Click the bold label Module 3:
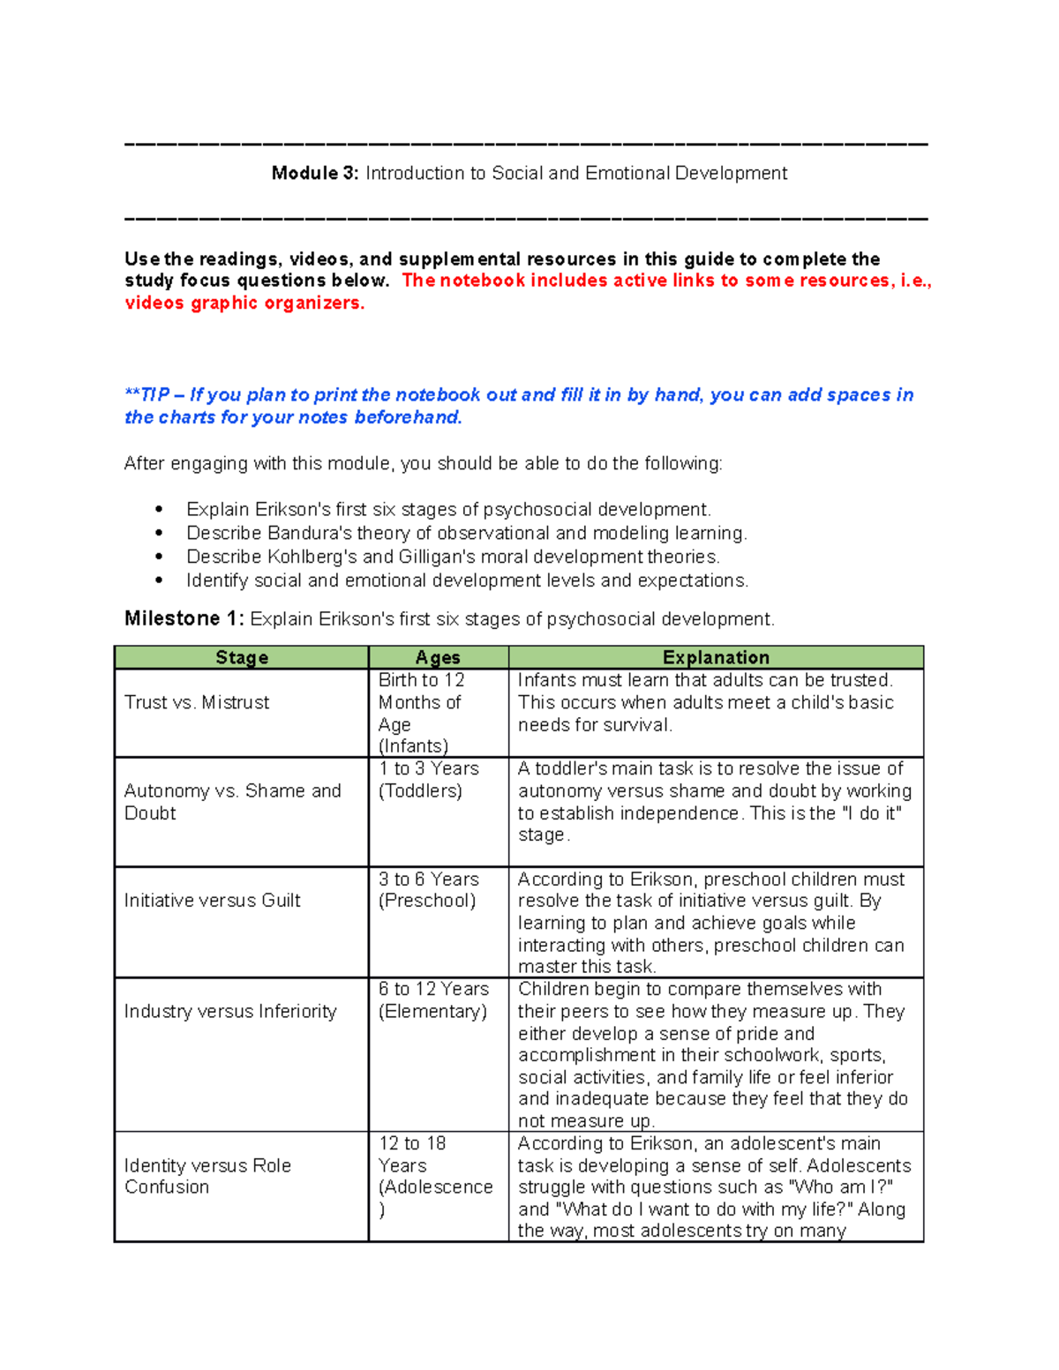(314, 174)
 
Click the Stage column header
(242, 657)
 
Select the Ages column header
(438, 657)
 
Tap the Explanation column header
(716, 657)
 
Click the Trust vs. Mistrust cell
(197, 702)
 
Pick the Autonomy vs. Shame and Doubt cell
(232, 802)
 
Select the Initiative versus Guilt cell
(212, 901)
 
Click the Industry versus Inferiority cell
(230, 1011)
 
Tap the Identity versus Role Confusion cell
(207, 1176)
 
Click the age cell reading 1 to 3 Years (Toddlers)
(429, 780)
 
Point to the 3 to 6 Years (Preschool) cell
(429, 890)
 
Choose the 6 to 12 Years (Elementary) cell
(433, 1000)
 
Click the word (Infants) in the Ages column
(413, 746)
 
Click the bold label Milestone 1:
(184, 618)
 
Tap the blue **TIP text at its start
(146, 395)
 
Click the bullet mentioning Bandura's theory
(466, 533)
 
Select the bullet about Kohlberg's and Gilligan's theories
(453, 557)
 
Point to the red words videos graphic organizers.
(244, 303)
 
